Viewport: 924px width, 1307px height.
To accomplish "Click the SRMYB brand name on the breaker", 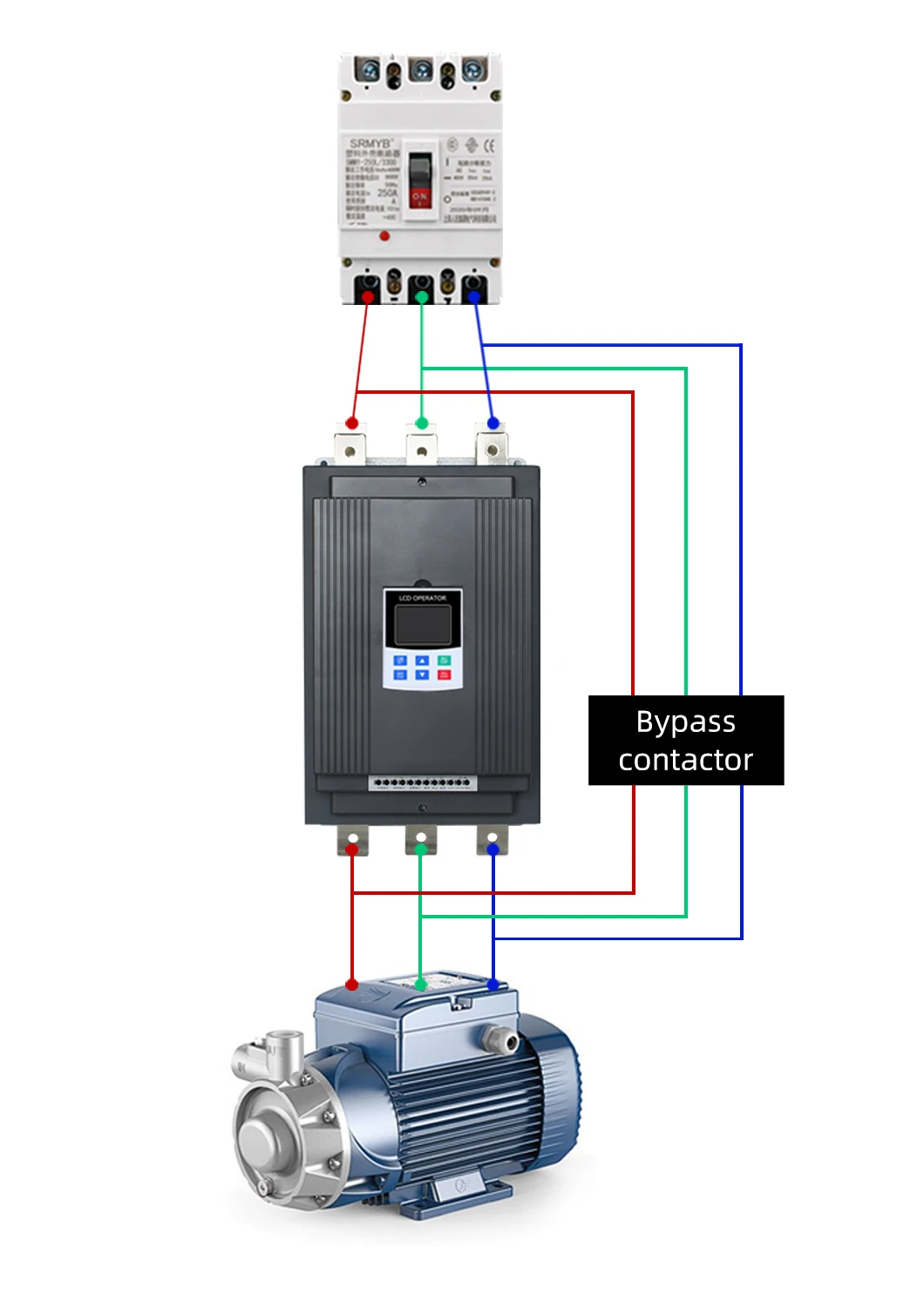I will tap(371, 143).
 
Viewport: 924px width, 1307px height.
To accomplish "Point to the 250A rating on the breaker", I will tap(387, 193).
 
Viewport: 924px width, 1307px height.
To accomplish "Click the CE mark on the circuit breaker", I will tap(488, 145).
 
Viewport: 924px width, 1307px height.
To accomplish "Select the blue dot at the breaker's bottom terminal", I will tap(474, 297).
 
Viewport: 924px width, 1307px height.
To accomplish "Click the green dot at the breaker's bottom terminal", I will tap(422, 297).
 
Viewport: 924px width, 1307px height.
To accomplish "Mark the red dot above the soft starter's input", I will tap(351, 423).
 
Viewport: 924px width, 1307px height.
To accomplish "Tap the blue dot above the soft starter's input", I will tap(493, 423).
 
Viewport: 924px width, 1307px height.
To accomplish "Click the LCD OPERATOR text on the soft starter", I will tap(423, 598).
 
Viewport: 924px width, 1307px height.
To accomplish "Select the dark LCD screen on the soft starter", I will tap(423, 625).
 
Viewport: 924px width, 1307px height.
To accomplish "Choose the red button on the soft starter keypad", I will tap(444, 674).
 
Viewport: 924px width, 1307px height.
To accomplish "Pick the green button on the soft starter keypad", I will tap(444, 660).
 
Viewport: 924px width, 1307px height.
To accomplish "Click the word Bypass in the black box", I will tap(685, 722).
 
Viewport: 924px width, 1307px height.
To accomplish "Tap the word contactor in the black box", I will tap(685, 760).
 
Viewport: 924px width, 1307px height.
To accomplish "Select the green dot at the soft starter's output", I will tap(421, 848).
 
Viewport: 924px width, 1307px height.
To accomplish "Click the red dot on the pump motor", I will tap(351, 985).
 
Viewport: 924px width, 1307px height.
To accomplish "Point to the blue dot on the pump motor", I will tap(493, 985).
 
